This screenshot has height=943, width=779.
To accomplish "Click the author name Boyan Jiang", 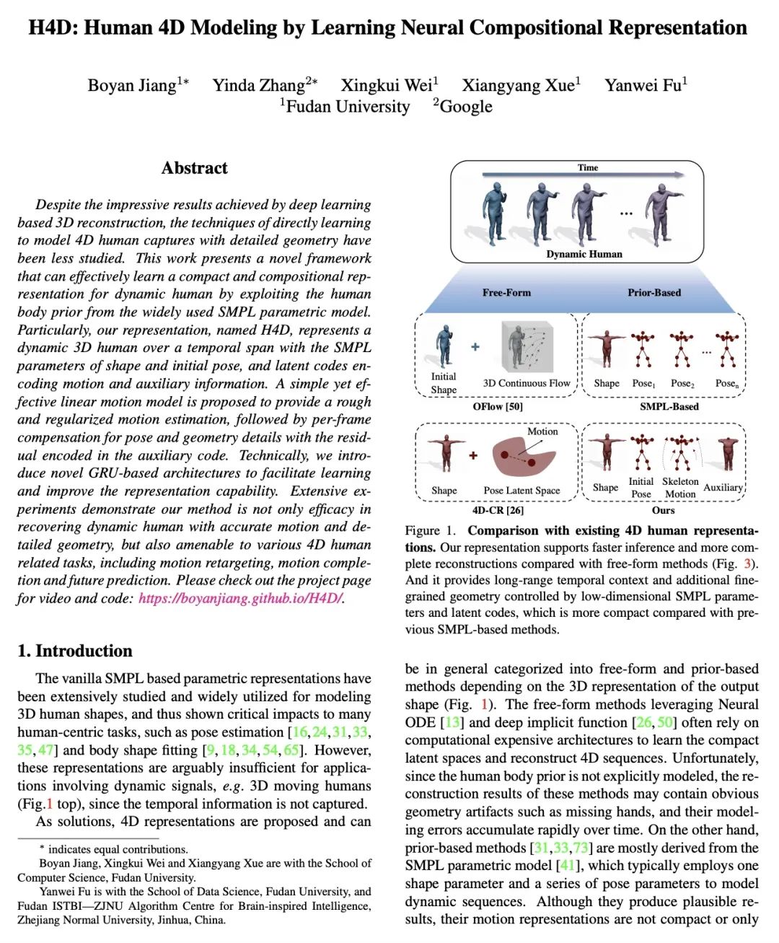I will [x=132, y=86].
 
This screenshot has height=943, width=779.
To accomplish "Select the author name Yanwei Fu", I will [x=642, y=86].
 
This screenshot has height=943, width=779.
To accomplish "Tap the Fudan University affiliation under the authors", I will [x=348, y=107].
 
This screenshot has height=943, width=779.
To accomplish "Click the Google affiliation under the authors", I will [x=466, y=107].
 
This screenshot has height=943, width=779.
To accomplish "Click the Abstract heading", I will [x=194, y=168].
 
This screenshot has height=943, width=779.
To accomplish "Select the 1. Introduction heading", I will [x=75, y=651].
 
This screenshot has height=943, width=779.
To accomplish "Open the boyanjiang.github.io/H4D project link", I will [x=241, y=598].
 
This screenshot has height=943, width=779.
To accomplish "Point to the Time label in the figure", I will [x=588, y=167].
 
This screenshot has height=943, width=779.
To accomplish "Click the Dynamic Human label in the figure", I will [x=584, y=254].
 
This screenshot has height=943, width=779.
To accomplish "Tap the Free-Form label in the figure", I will [x=506, y=292].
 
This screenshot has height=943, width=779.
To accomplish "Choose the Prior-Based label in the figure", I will [x=654, y=292].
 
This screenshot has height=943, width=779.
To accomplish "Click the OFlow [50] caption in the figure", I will [x=498, y=406].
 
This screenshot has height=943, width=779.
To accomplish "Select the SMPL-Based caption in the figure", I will [x=669, y=406].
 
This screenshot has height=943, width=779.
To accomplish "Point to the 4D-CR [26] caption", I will [x=498, y=510].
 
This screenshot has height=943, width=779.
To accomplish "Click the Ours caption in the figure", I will [x=664, y=510].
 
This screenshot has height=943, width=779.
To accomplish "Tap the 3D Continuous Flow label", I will [x=527, y=383].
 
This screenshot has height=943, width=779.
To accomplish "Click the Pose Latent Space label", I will [x=521, y=491].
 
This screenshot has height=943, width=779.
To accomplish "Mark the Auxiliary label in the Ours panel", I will [x=723, y=488].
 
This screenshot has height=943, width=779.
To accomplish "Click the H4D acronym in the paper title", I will [x=52, y=28].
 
